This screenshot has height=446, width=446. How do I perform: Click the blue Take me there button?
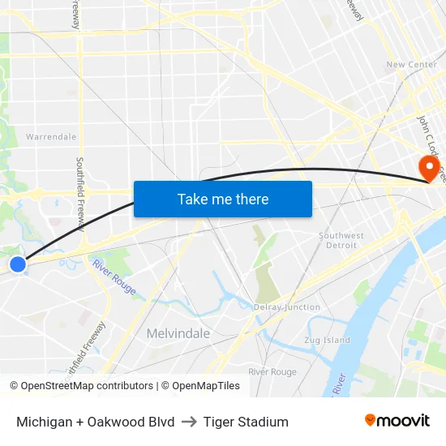[223, 199]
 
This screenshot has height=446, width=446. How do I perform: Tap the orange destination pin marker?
[427, 168]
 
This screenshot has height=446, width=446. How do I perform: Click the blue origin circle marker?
[18, 264]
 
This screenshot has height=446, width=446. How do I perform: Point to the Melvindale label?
[178, 333]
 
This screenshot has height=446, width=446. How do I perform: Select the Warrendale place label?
[51, 137]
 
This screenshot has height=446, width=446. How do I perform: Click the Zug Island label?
[327, 340]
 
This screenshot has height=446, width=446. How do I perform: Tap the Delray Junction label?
[287, 307]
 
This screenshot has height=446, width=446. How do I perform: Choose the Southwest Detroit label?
[341, 240]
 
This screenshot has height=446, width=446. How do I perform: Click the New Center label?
[411, 65]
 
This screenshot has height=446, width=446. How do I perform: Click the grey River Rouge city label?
[272, 371]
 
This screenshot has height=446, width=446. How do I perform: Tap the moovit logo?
[397, 421]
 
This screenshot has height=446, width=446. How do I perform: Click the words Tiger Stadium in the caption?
[246, 422]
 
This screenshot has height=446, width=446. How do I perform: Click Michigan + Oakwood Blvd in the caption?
[96, 422]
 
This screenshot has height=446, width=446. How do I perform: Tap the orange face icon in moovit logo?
[371, 420]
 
